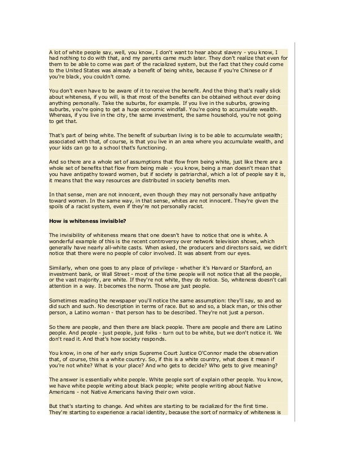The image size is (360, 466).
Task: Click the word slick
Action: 275,90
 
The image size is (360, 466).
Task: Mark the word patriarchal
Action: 217,174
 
